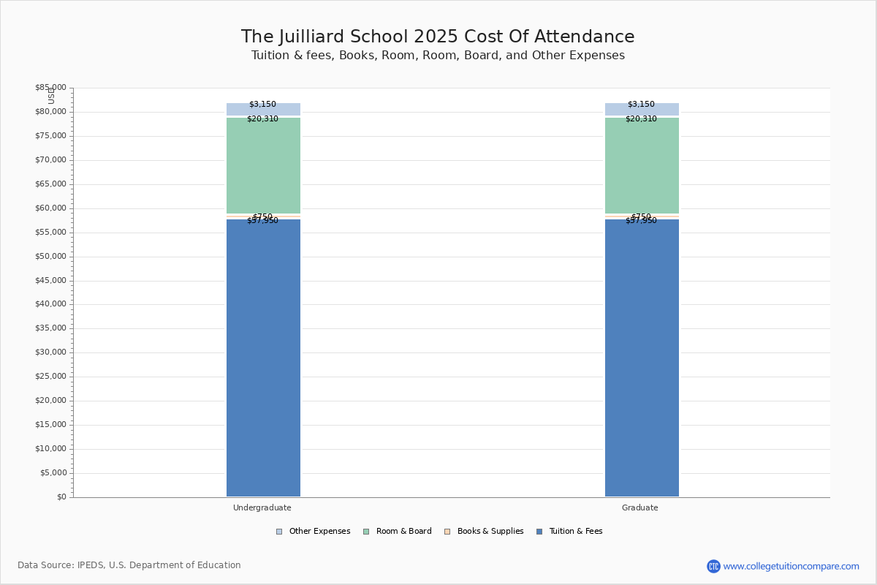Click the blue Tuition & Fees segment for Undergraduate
tap(263, 358)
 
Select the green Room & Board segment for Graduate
tap(642, 165)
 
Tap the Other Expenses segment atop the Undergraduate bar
tap(263, 110)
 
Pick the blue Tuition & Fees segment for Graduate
tap(642, 358)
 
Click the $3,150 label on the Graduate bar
tap(641, 105)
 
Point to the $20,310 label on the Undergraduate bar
tap(262, 119)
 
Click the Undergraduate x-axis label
tap(262, 507)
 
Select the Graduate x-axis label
tap(639, 507)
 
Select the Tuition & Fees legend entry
tap(569, 532)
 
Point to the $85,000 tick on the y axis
tap(50, 88)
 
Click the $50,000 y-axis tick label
tap(50, 257)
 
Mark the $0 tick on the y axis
tap(61, 497)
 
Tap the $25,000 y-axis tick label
tap(50, 377)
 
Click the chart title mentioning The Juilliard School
tap(438, 37)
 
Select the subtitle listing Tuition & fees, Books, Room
tap(438, 56)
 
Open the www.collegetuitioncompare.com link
tap(791, 566)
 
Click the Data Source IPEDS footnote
tap(129, 565)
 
